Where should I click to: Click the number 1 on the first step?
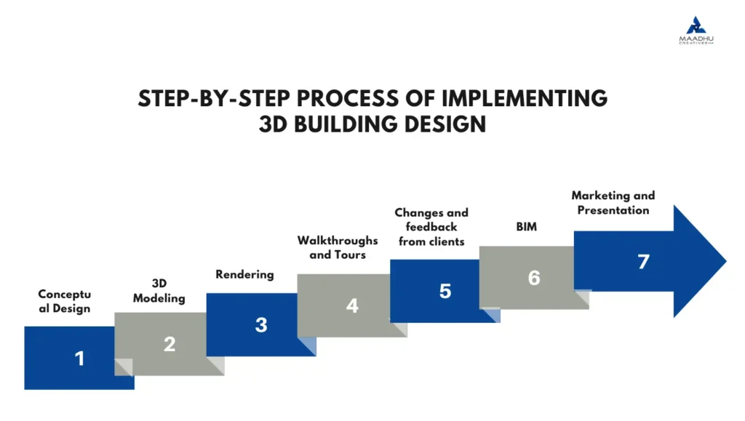pyautogui.click(x=79, y=358)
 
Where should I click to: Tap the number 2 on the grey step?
pyautogui.click(x=170, y=344)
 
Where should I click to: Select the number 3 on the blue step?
pyautogui.click(x=261, y=325)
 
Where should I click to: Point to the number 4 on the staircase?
pyautogui.click(x=352, y=305)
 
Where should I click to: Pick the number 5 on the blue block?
pyautogui.click(x=445, y=291)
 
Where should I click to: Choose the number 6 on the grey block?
pyautogui.click(x=534, y=278)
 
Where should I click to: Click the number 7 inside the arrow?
pyautogui.click(x=643, y=261)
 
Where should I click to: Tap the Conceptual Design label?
pyautogui.click(x=65, y=301)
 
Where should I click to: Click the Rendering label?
pyautogui.click(x=244, y=274)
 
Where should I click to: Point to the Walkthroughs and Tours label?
pyautogui.click(x=338, y=247)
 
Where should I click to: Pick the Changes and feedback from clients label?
pyautogui.click(x=431, y=226)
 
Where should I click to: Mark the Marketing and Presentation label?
pyautogui.click(x=613, y=202)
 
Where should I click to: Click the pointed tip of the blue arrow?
pyautogui.click(x=725, y=261)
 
